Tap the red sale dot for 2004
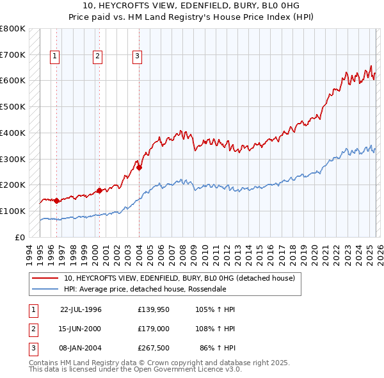click(x=139, y=168)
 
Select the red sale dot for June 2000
click(x=99, y=190)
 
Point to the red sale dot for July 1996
click(x=56, y=201)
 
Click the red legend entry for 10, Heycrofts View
click(x=179, y=278)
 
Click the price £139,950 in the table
click(x=152, y=309)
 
